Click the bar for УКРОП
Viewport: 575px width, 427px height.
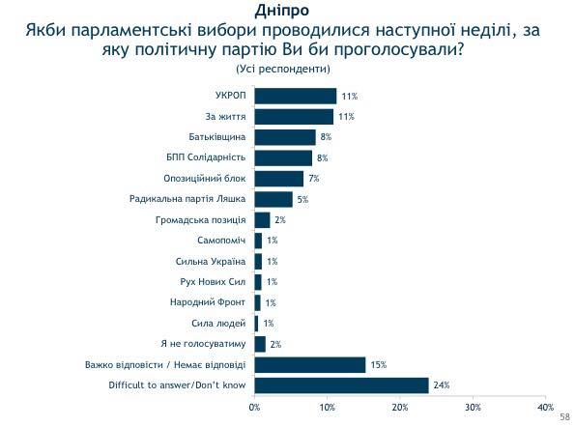click(x=296, y=96)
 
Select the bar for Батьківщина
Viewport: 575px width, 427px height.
click(x=285, y=137)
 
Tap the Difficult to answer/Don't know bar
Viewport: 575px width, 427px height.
click(x=341, y=385)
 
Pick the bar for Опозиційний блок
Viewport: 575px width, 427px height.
click(x=279, y=179)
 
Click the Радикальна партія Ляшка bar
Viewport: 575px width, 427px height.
click(x=273, y=199)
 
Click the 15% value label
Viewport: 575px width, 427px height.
click(x=379, y=365)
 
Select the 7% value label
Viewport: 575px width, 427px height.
click(x=313, y=179)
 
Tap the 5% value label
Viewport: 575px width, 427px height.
click(x=302, y=199)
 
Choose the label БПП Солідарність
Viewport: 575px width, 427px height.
click(x=206, y=157)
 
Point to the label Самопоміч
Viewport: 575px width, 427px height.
click(x=223, y=241)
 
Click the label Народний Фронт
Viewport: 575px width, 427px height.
click(x=216, y=302)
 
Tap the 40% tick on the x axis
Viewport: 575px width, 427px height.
click(x=545, y=407)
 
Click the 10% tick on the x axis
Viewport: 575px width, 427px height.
click(x=328, y=407)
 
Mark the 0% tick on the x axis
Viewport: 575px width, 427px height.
click(x=255, y=407)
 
